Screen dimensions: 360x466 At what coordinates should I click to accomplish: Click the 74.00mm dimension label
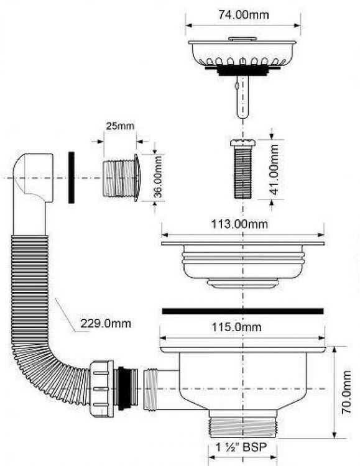[243, 14]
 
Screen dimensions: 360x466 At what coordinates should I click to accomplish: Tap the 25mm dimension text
[120, 126]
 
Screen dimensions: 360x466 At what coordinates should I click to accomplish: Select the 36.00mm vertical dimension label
[159, 176]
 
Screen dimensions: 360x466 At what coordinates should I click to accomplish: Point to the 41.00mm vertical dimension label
[274, 170]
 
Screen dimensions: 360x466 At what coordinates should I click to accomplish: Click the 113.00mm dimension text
[239, 224]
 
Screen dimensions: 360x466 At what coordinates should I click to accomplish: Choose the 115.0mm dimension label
[236, 327]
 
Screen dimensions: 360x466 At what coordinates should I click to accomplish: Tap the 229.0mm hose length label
[106, 323]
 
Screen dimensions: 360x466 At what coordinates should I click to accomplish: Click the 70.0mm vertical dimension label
[346, 391]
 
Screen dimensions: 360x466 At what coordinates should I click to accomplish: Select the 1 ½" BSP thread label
[241, 447]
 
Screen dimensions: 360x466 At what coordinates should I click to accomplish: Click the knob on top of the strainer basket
[242, 39]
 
